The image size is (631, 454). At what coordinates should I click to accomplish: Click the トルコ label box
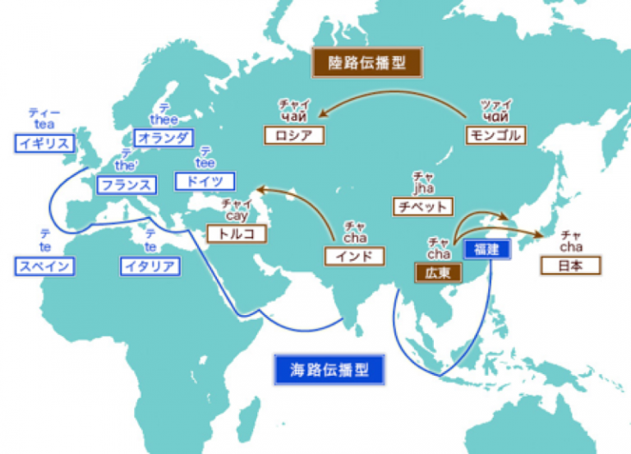[x=237, y=234]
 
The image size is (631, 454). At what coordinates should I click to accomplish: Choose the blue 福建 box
[x=487, y=248]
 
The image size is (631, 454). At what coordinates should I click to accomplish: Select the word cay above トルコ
[x=236, y=215]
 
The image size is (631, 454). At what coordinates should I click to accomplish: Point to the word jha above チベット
[x=423, y=188]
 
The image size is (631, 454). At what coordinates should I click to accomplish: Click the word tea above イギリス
[x=44, y=125]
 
